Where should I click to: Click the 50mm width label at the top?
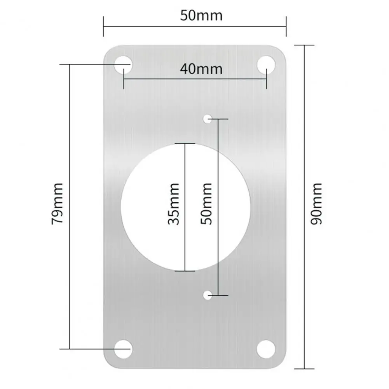pos(201,16)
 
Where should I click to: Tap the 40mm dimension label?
pos(201,69)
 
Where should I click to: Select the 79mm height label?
pos(58,203)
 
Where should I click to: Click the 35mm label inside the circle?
pos(173,204)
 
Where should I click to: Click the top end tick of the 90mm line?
pos(304,45)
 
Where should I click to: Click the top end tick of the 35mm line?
pos(184,144)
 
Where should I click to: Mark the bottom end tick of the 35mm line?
pos(184,271)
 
